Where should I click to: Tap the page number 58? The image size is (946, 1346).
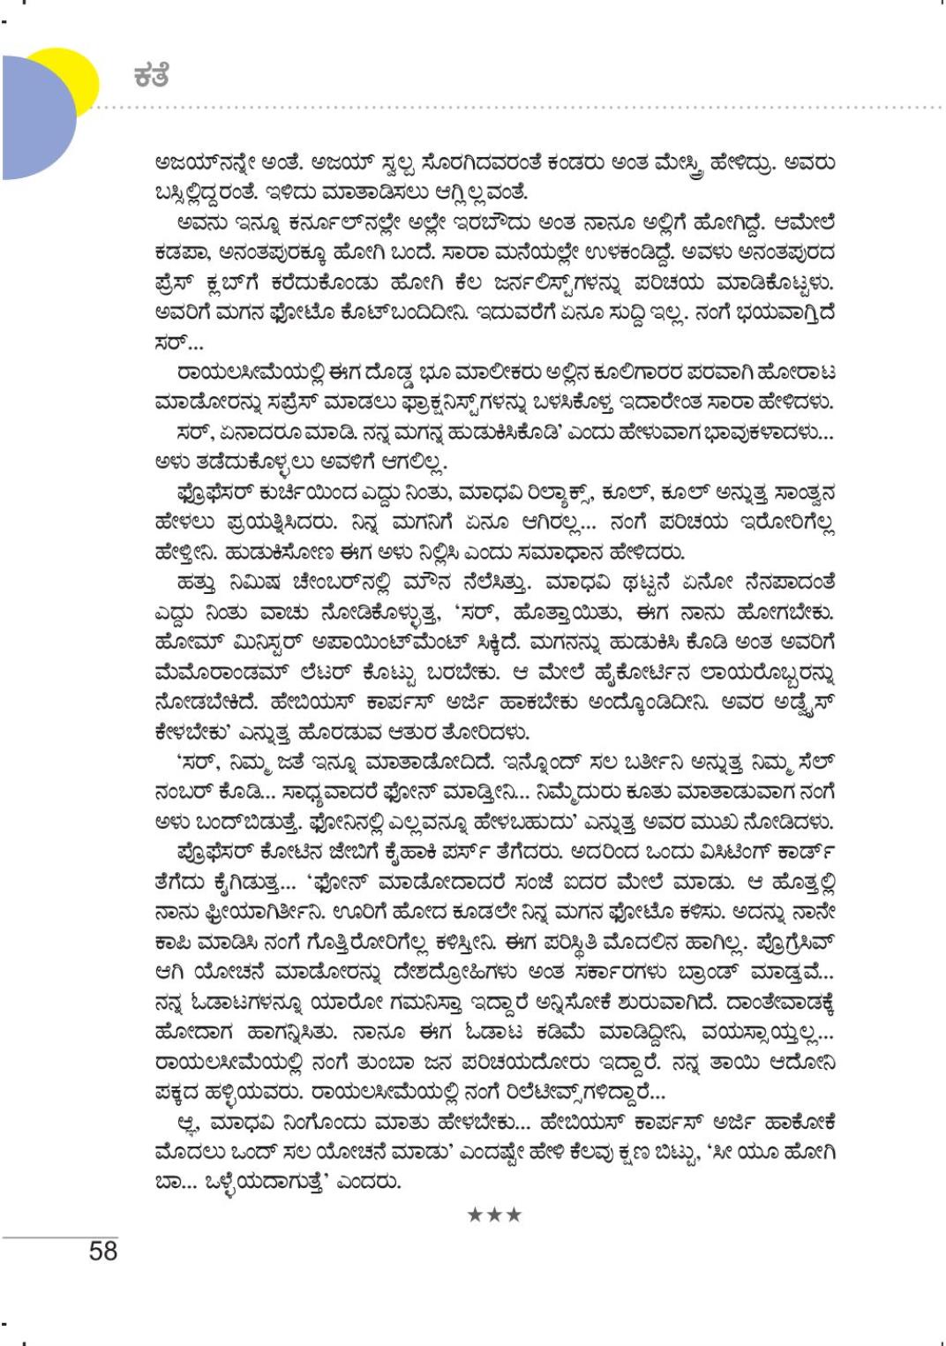[x=103, y=1251]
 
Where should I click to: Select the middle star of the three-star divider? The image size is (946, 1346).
[x=495, y=1215]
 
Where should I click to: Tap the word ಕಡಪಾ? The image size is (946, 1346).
[x=180, y=253]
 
